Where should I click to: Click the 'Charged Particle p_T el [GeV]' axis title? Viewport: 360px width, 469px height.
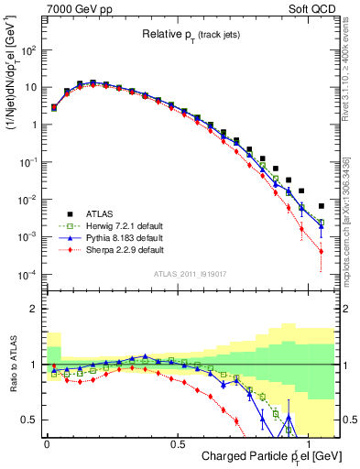click(266, 456)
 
